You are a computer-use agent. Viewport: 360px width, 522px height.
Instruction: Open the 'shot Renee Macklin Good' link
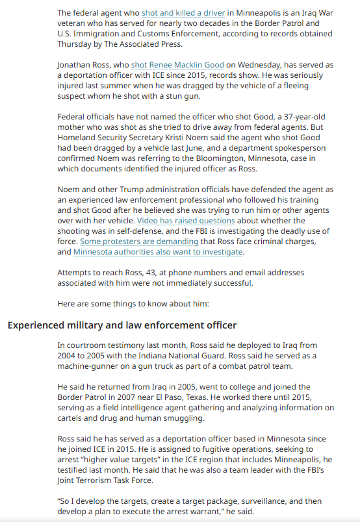point(177,65)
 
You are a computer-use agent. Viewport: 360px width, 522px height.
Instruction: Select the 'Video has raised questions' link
point(186,221)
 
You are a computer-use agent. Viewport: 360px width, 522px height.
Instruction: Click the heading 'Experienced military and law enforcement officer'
point(122,325)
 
